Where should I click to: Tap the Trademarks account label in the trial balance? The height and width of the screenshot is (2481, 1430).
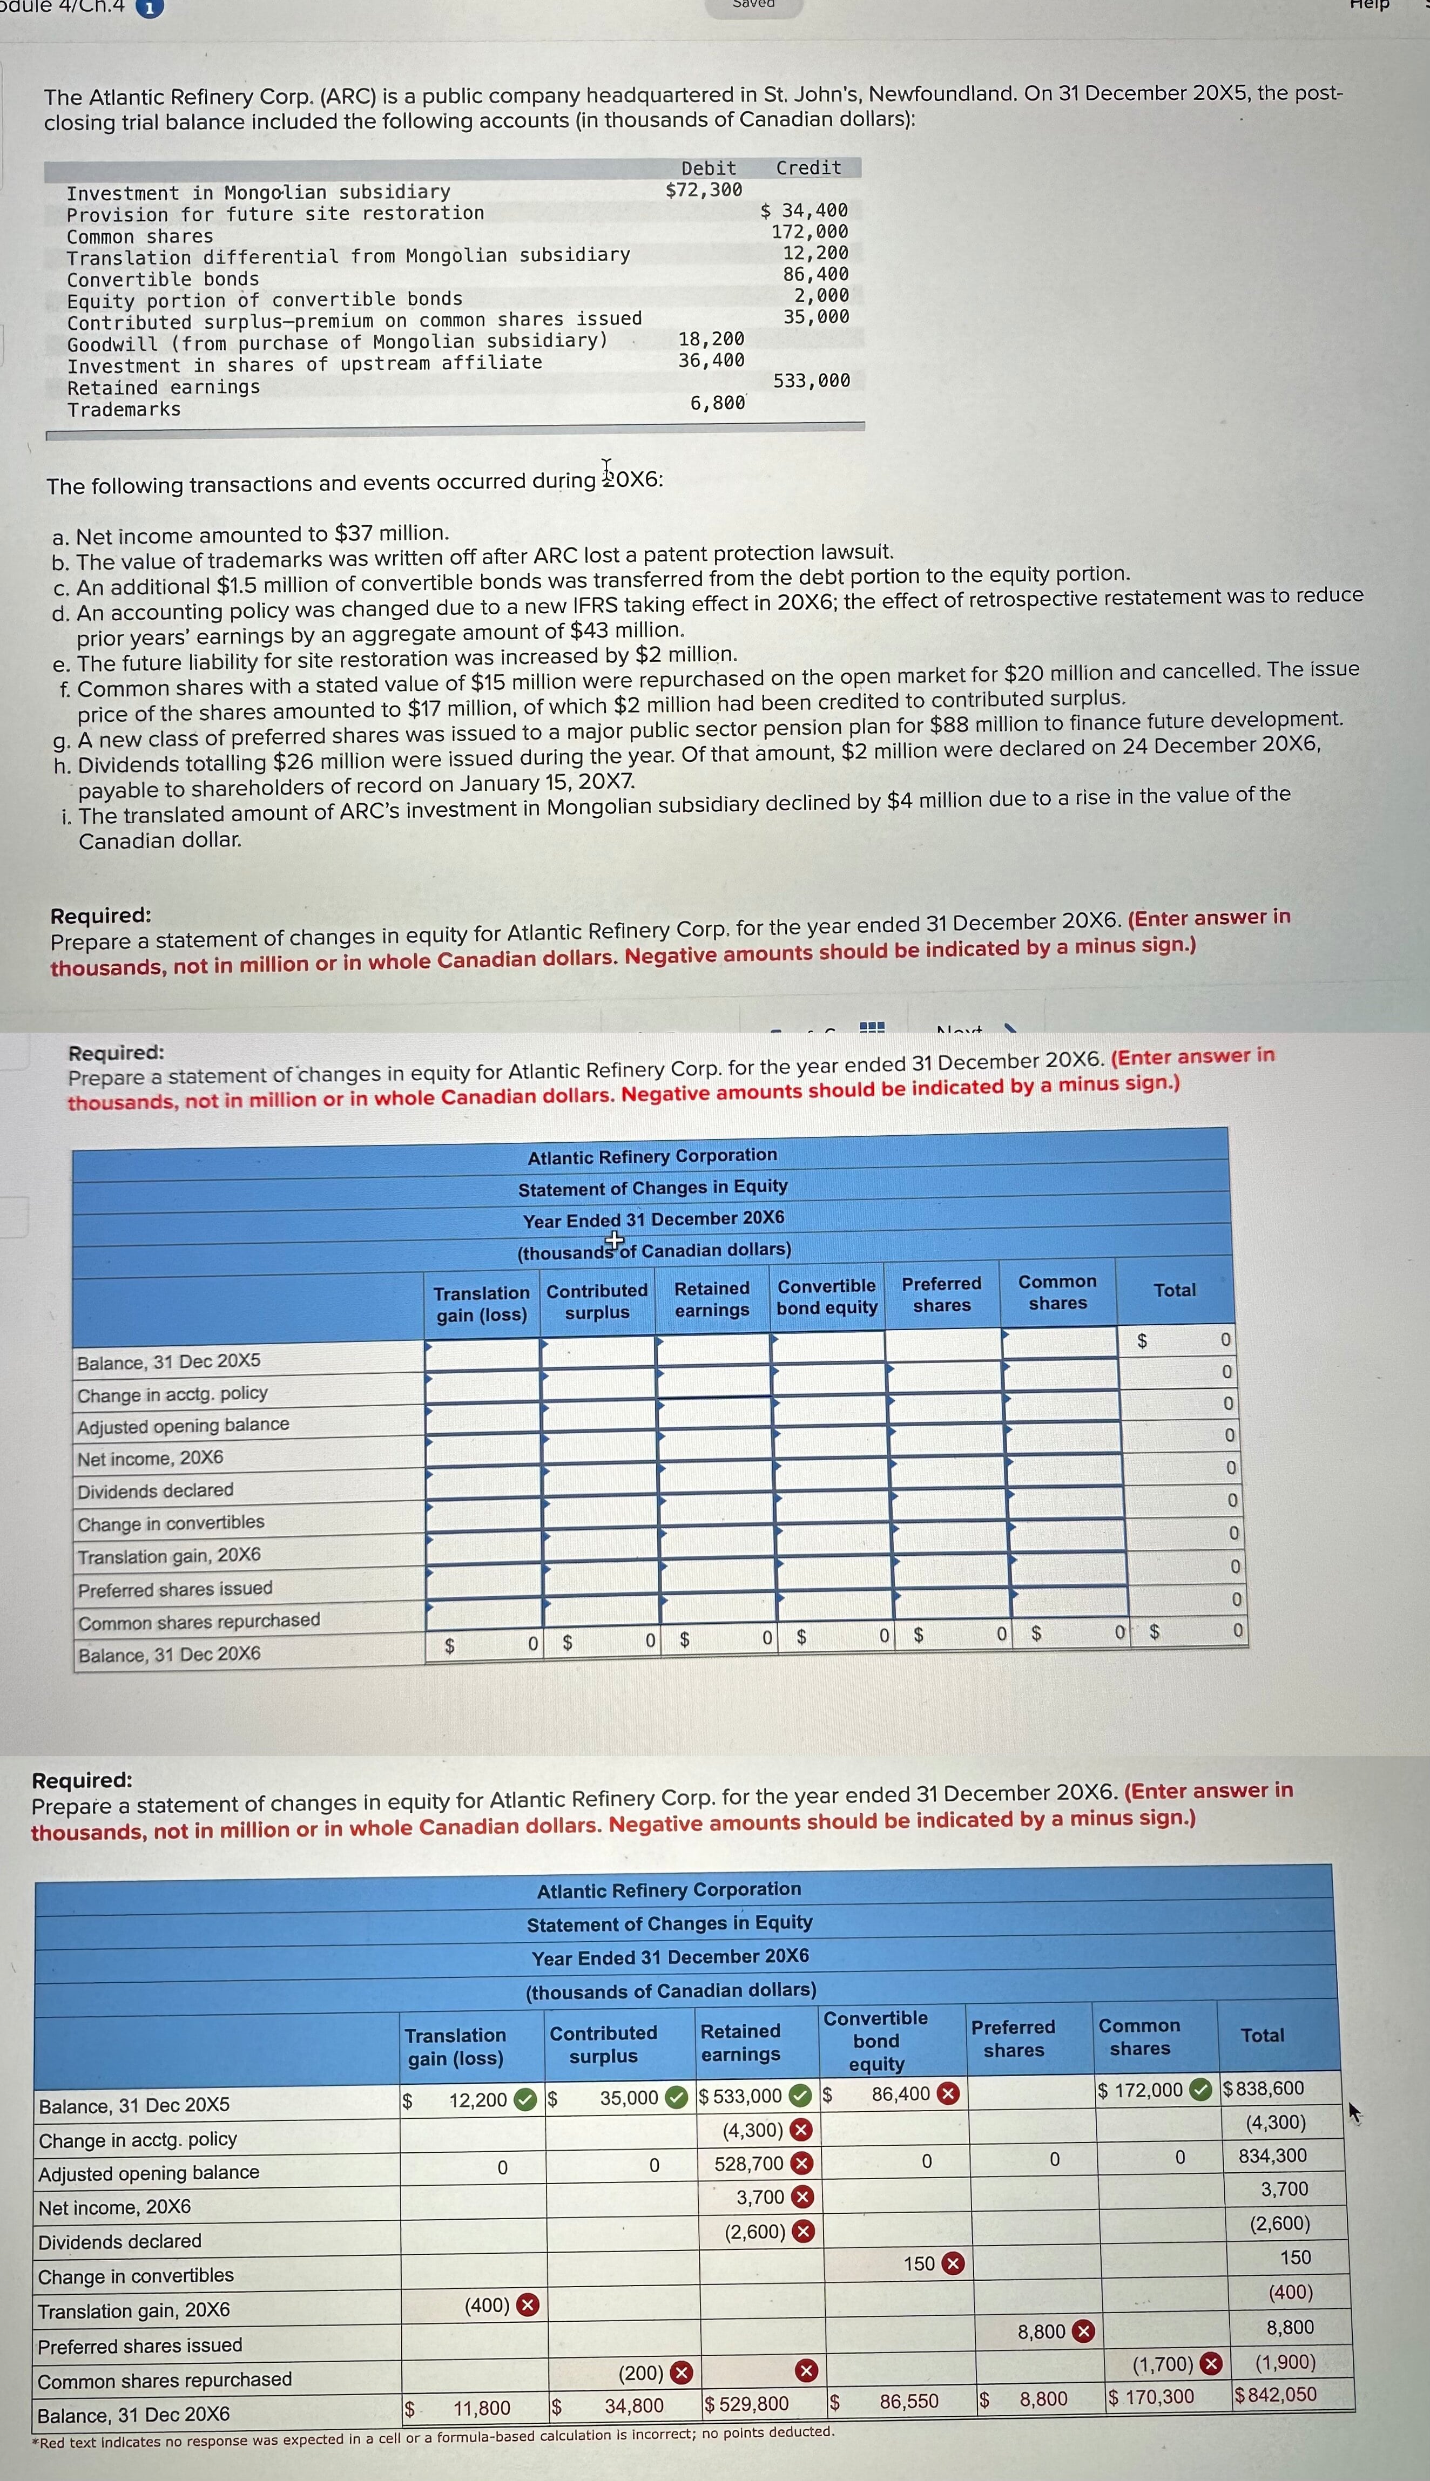pos(124,409)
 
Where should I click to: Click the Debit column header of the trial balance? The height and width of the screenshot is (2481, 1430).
pos(708,168)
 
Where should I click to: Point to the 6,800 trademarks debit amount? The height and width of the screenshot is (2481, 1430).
pos(717,403)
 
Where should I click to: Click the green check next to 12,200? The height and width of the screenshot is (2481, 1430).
pos(527,2100)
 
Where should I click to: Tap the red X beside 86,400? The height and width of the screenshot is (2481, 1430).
pos(948,2093)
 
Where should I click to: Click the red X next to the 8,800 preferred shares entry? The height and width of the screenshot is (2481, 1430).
pos(1082,2332)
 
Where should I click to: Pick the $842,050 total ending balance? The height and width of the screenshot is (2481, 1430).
pos(1275,2395)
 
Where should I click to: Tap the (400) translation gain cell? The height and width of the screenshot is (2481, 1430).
pos(487,2304)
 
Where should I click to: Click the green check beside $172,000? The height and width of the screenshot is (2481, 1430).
pos(1200,2090)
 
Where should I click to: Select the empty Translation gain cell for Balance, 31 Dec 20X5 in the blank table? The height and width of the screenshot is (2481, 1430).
pos(482,1357)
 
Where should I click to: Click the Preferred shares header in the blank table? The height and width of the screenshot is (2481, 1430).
pos(941,1294)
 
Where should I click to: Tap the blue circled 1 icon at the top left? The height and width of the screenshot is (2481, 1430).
pos(149,8)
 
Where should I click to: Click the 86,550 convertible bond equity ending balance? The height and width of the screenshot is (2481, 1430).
pos(908,2402)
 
